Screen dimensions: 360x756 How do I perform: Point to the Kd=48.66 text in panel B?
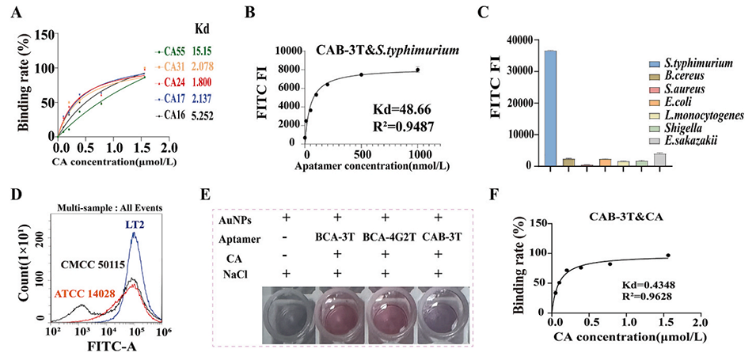point(399,104)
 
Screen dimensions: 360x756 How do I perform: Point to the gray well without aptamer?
point(287,314)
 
